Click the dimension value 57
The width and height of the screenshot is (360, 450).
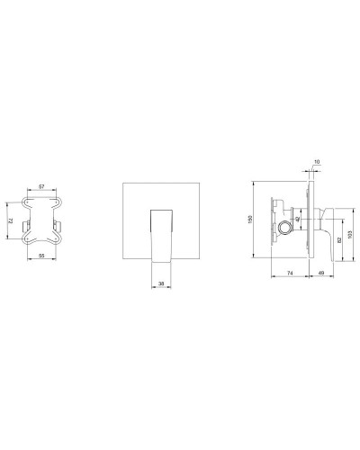click(41, 187)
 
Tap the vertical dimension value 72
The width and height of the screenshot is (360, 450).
click(10, 218)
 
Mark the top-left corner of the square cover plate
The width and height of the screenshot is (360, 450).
click(123, 184)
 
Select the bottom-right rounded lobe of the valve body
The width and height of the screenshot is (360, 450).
click(59, 240)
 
